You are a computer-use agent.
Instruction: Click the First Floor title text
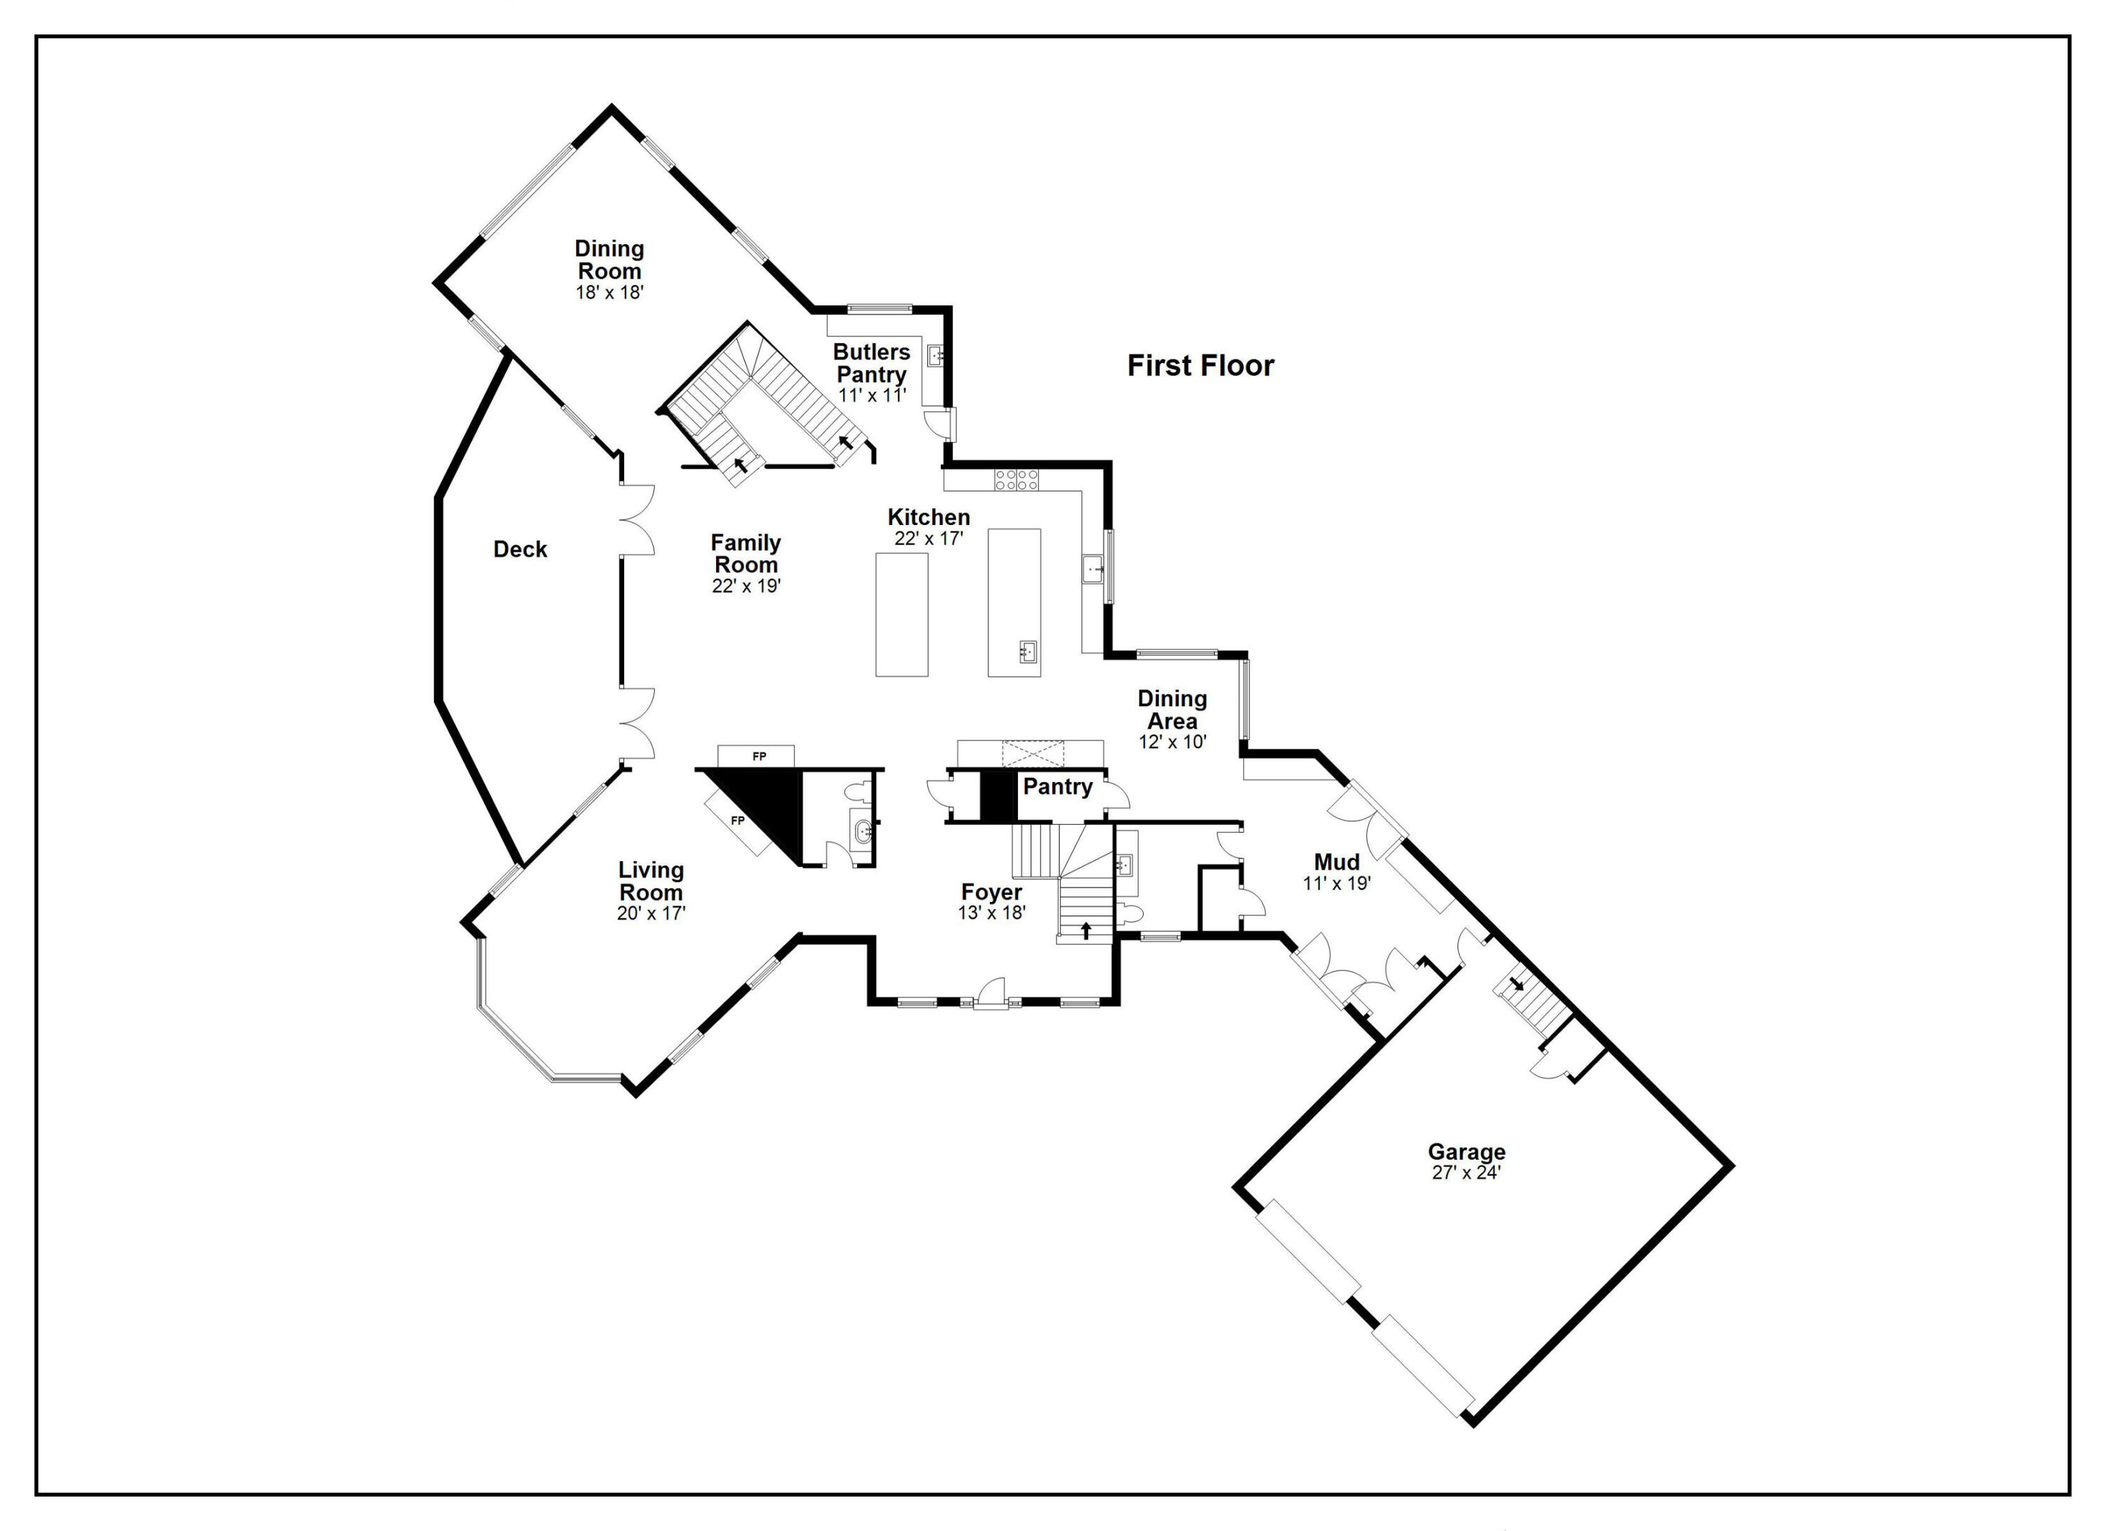1200,366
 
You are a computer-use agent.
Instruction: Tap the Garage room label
1466,1151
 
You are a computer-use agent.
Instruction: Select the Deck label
520,550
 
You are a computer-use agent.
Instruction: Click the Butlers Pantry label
871,363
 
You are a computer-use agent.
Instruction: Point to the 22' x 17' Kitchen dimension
929,538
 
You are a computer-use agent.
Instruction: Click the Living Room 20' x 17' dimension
651,913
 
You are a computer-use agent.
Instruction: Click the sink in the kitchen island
1028,651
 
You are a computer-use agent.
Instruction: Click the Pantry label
1058,788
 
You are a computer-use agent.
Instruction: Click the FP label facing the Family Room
760,757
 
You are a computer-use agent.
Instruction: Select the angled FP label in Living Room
739,821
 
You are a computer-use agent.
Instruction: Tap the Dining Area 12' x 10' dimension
1172,743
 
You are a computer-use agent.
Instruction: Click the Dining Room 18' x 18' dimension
609,293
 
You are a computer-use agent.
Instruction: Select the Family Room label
746,555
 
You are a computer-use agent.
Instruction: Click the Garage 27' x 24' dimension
1466,1172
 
